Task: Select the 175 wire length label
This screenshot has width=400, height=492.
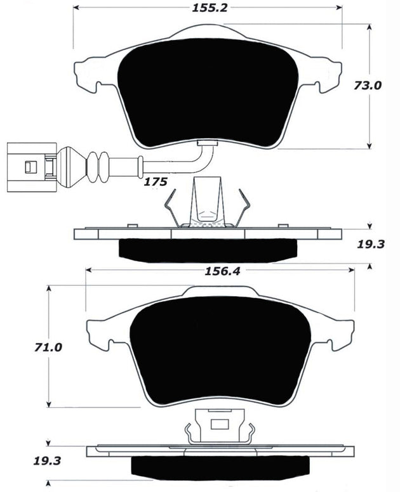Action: click(x=155, y=182)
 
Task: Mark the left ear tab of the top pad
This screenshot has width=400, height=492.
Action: click(x=91, y=76)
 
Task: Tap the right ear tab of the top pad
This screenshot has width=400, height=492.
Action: click(x=326, y=76)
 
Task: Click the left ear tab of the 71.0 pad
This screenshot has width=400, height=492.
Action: click(x=102, y=333)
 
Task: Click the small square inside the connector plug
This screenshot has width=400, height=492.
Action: click(x=29, y=167)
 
